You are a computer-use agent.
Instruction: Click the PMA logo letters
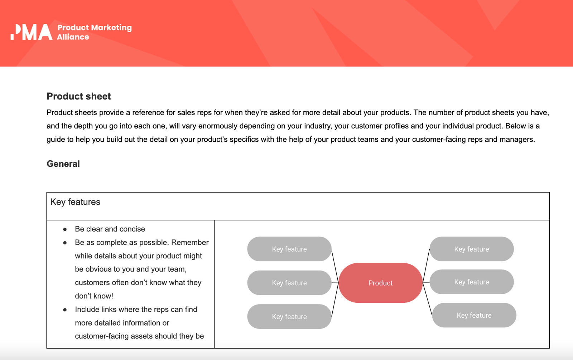coord(32,32)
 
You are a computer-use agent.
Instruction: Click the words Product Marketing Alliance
coord(94,32)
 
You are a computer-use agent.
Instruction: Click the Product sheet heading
coord(79,96)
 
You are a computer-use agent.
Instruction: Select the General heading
coord(63,164)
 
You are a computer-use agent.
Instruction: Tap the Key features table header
coord(75,202)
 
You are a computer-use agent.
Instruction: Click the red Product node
coord(380,283)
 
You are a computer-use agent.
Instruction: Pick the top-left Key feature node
coord(289,249)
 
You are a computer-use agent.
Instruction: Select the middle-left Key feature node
coord(289,283)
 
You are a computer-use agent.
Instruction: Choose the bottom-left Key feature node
coord(289,317)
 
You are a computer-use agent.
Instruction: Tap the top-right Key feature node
coord(471,249)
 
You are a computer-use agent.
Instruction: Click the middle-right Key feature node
coord(471,282)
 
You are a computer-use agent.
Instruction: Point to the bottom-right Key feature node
coord(474,315)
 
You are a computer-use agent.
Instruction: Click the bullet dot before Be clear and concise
coord(65,229)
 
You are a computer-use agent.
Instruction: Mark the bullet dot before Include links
coord(65,310)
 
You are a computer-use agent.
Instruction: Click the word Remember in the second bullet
coord(190,243)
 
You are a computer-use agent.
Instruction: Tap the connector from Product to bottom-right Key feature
coord(427,299)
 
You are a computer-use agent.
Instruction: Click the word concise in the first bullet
coord(132,229)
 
